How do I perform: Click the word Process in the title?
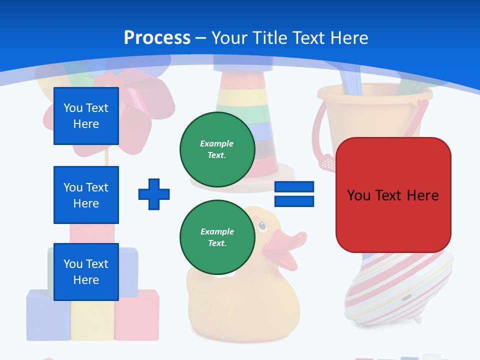tap(157, 37)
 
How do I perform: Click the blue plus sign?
tap(154, 194)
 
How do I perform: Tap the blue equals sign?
tap(294, 194)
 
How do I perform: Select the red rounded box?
tap(393, 195)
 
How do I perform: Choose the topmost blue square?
tap(86, 116)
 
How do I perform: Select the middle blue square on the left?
tap(86, 195)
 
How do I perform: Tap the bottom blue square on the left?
tap(86, 271)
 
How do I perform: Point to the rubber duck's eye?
tap(262, 226)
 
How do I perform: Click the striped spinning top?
tap(395, 290)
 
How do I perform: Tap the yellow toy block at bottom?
tap(92, 320)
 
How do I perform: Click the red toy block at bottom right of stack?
tap(137, 315)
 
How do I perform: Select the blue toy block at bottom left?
tap(47, 315)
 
